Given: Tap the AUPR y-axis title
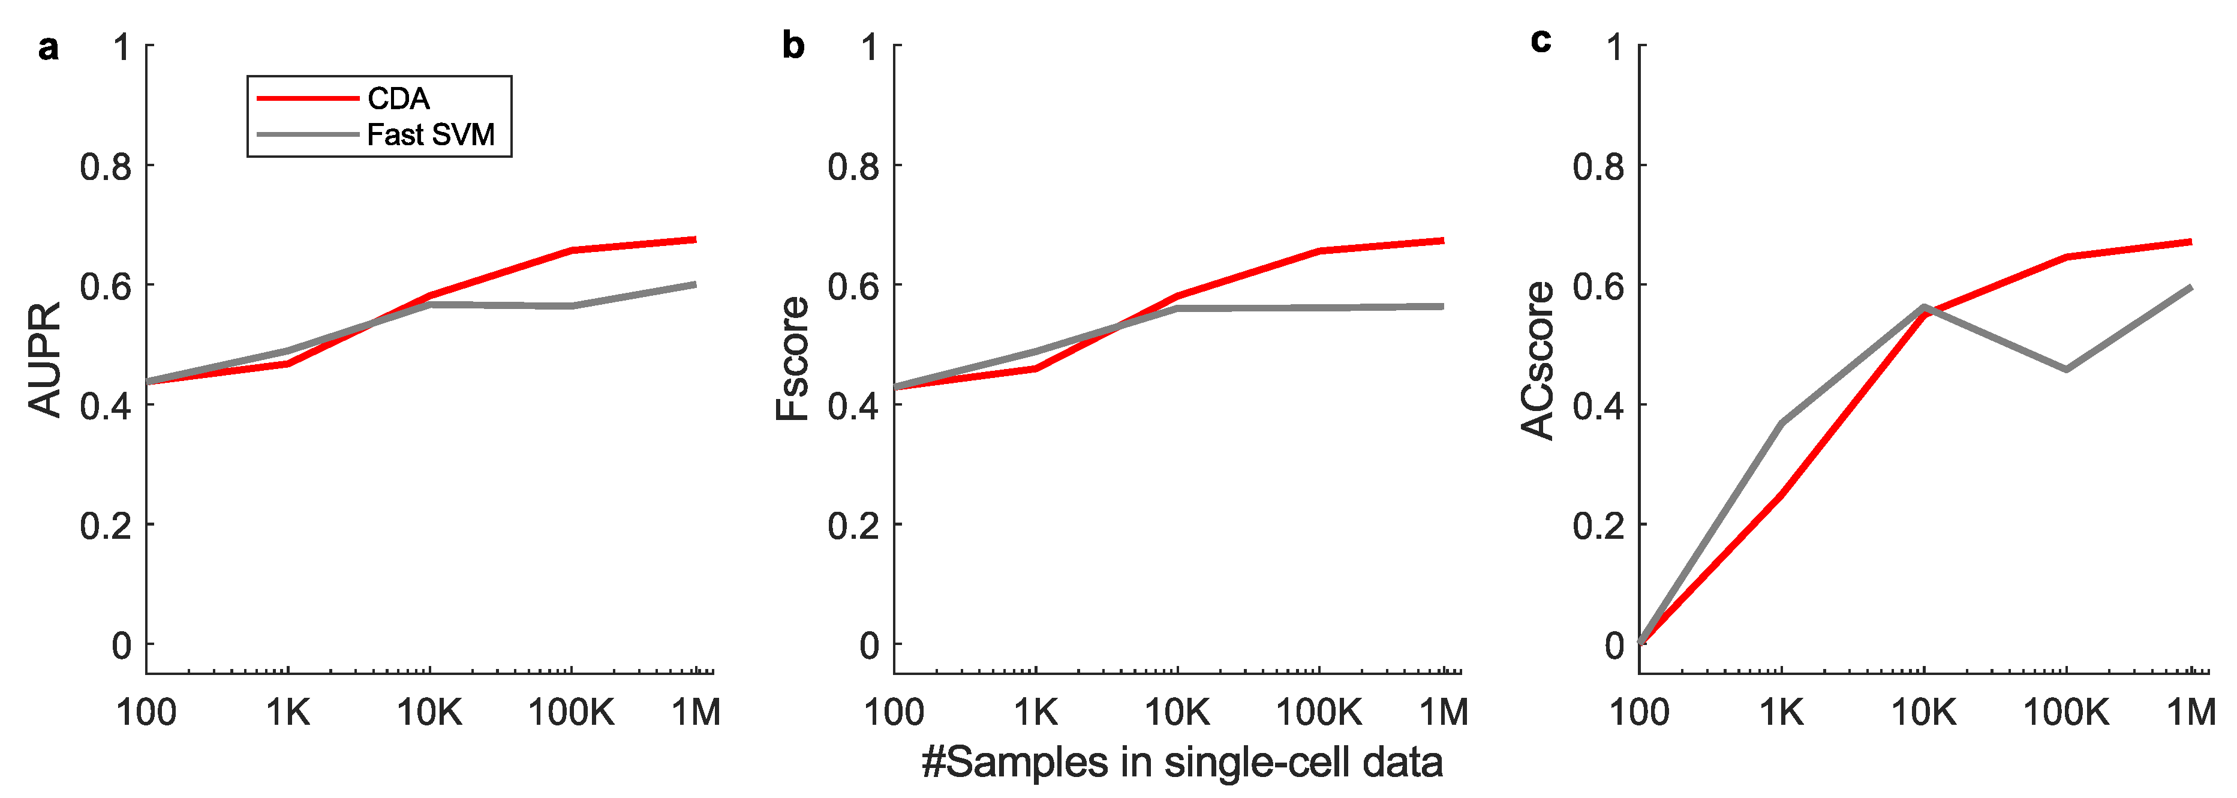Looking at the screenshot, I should pyautogui.click(x=44, y=359).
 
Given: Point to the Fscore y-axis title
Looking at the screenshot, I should pyautogui.click(x=792, y=359).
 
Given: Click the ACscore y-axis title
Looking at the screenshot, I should pyautogui.click(x=1537, y=359).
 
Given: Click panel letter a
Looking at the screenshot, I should pyautogui.click(x=49, y=47).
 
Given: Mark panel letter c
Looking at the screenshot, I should pyautogui.click(x=1541, y=41).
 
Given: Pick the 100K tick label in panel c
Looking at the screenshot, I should pyautogui.click(x=2066, y=713).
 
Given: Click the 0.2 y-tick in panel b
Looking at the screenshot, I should pyautogui.click(x=853, y=526).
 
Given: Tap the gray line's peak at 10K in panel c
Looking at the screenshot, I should pyautogui.click(x=1925, y=307).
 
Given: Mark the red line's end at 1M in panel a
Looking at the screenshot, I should pyautogui.click(x=694, y=239).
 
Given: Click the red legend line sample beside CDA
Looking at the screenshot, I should pyautogui.click(x=308, y=99).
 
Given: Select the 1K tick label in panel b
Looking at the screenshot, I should pyautogui.click(x=1035, y=713).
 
